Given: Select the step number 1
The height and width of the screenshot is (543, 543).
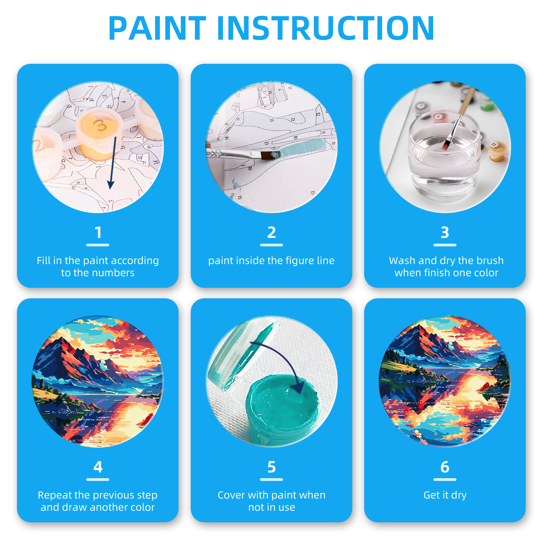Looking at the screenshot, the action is pos(98,232).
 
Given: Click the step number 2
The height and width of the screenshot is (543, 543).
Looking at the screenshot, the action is pos(271,232).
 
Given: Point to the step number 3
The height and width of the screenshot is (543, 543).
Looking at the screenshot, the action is pos(445,232).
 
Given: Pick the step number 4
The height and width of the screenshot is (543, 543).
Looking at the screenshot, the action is pos(98,467).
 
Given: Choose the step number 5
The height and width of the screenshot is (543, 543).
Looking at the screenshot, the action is pos(271,467).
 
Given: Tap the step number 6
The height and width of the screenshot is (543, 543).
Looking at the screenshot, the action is pos(445,467).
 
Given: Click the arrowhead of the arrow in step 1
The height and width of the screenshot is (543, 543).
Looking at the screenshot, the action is pos(111,185).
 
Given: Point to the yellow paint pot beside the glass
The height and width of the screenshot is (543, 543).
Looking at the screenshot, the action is pos(498,151).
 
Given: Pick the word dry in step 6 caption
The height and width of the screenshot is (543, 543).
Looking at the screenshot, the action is pos(459,495).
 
